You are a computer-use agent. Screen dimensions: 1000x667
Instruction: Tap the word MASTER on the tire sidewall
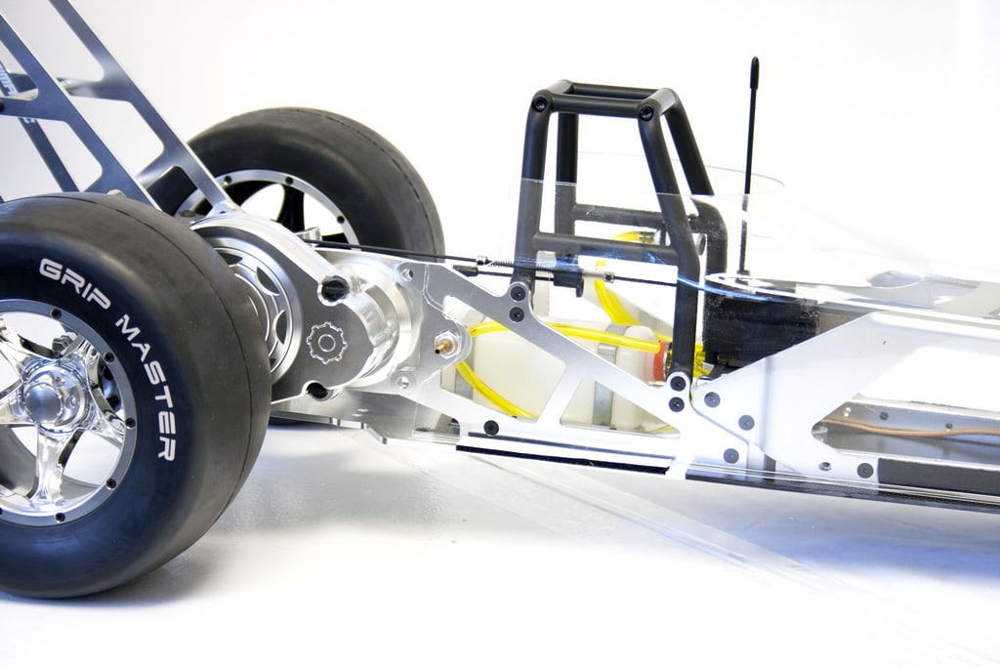(149, 388)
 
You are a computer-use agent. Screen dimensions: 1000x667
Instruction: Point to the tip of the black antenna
(755, 62)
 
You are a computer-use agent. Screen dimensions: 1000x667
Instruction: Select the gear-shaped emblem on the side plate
(326, 343)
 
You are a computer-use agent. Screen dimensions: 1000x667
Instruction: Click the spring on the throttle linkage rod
(504, 262)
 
